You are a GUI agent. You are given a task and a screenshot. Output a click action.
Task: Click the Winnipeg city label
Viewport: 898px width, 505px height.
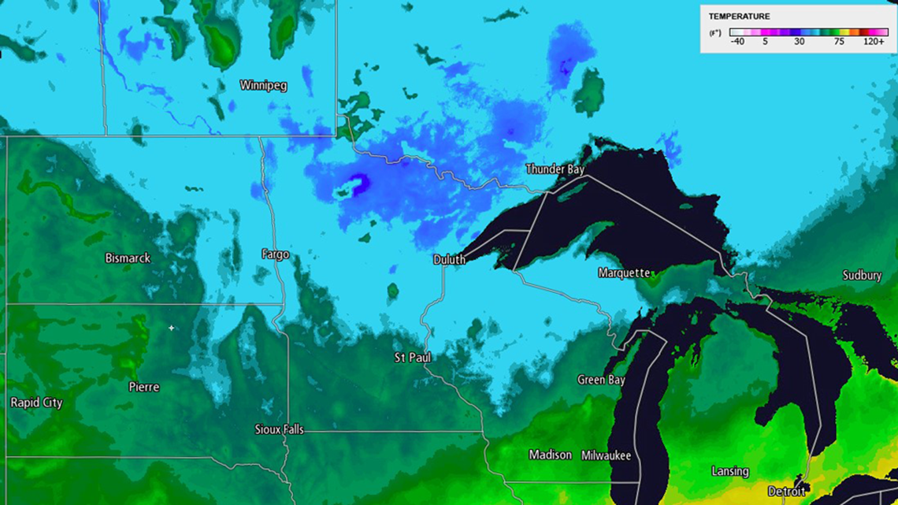(263, 85)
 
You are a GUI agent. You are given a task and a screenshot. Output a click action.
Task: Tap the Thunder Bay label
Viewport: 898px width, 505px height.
(555, 169)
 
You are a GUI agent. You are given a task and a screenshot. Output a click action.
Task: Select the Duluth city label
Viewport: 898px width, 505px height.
(449, 259)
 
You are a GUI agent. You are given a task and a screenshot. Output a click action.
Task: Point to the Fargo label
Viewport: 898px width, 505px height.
(275, 254)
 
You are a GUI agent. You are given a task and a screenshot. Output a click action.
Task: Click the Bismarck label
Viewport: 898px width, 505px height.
(128, 258)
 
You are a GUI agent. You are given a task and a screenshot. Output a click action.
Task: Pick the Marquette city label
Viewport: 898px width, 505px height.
(625, 273)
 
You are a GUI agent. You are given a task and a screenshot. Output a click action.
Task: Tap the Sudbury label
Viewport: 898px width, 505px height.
(862, 275)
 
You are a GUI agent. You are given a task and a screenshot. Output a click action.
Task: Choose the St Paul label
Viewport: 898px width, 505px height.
(413, 358)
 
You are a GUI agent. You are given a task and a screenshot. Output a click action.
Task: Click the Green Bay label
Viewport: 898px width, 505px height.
(601, 380)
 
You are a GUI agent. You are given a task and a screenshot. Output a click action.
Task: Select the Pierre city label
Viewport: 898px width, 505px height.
(144, 387)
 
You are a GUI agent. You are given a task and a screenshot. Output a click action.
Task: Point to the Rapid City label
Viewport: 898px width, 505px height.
(36, 403)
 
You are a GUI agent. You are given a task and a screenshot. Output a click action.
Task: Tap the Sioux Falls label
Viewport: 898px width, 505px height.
(279, 429)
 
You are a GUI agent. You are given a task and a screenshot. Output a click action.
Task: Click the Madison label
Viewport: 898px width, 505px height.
(550, 455)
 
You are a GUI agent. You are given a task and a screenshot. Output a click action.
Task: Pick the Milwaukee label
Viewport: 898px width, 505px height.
(606, 455)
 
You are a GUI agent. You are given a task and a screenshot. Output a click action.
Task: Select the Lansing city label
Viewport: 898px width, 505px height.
(730, 471)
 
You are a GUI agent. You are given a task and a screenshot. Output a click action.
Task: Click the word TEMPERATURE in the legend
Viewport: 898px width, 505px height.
(739, 17)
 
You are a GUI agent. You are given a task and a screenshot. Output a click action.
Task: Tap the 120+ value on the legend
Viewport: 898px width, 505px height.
(874, 41)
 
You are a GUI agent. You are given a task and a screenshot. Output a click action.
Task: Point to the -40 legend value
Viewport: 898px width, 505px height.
(737, 41)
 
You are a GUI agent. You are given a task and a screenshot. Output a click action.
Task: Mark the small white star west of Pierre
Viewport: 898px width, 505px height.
(171, 328)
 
